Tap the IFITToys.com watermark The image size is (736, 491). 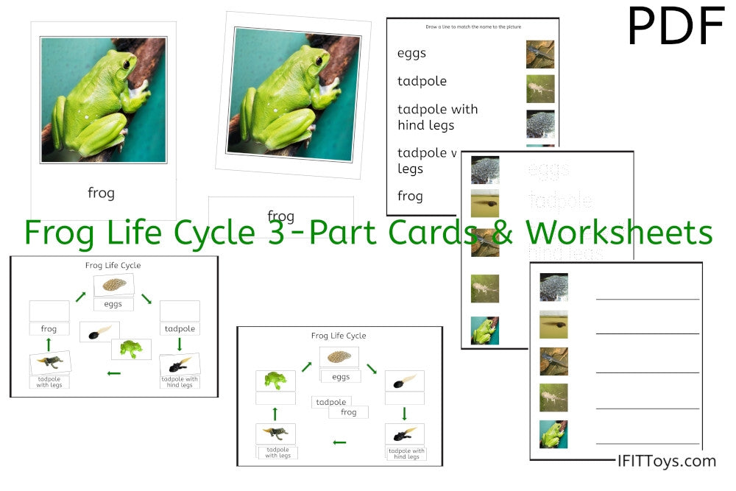pyautogui.click(x=666, y=461)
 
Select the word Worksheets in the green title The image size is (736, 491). pyautogui.click(x=619, y=232)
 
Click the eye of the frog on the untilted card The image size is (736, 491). pyautogui.click(x=127, y=65)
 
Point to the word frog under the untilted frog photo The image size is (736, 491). pyautogui.click(x=101, y=193)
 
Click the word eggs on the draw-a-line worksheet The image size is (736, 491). pyautogui.click(x=411, y=53)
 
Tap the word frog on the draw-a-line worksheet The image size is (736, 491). pyautogui.click(x=410, y=196)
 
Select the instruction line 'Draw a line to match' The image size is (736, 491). pyautogui.click(x=472, y=27)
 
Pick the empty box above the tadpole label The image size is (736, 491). pyautogui.click(x=180, y=311)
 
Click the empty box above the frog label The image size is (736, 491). pyautogui.click(x=49, y=311)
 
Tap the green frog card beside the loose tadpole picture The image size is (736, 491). pyautogui.click(x=131, y=348)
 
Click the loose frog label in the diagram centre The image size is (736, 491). pyautogui.click(x=349, y=412)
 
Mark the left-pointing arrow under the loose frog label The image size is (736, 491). pyautogui.click(x=339, y=442)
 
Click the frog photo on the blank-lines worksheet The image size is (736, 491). pyautogui.click(x=553, y=434)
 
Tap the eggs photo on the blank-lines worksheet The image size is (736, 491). pyautogui.click(x=553, y=287)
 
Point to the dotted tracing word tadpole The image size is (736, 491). pyautogui.click(x=561, y=201)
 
